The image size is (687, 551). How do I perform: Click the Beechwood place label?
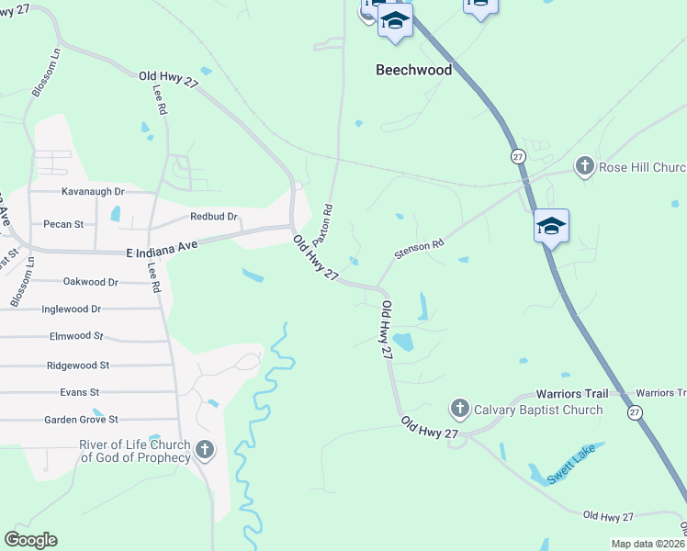tap(414, 70)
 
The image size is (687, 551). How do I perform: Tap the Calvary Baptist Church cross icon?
tap(459, 408)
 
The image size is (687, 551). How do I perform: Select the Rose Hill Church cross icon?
tap(584, 166)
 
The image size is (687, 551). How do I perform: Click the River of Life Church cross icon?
tap(204, 450)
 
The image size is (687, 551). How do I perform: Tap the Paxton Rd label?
tap(321, 224)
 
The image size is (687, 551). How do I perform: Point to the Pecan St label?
tap(63, 223)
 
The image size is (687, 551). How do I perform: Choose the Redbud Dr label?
tap(214, 217)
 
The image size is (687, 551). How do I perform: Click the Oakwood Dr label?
tap(91, 282)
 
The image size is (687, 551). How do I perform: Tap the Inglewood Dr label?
tap(71, 309)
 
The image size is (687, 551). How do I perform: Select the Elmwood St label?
tap(75, 337)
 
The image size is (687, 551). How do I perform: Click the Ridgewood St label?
tap(78, 365)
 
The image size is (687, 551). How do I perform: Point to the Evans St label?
tap(79, 392)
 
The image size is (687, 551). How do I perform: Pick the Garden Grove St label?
tap(82, 420)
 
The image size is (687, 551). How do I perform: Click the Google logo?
tap(30, 540)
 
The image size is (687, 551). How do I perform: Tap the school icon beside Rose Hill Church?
tap(551, 226)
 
